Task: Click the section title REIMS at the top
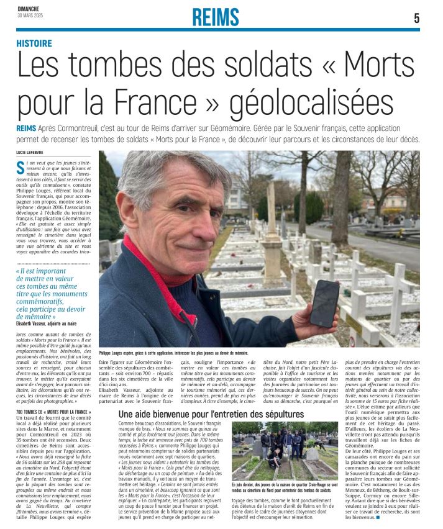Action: pos(216,17)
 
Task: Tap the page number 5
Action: pos(416,19)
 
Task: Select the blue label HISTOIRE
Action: pos(34,43)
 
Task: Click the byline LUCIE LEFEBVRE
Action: pos(34,152)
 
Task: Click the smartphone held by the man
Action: pos(324,302)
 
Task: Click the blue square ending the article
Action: pos(377,517)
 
